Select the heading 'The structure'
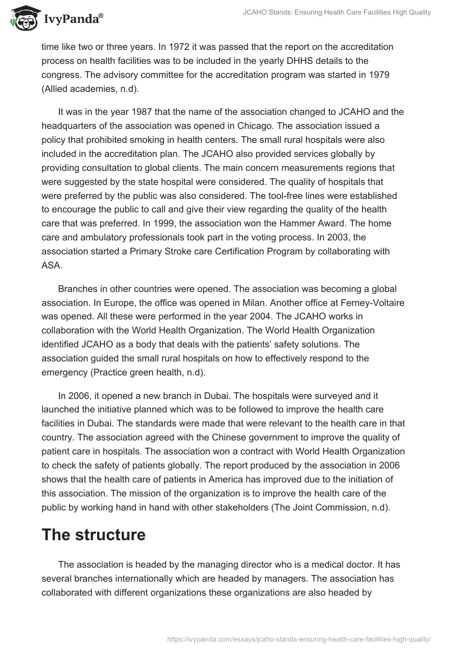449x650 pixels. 93,535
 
